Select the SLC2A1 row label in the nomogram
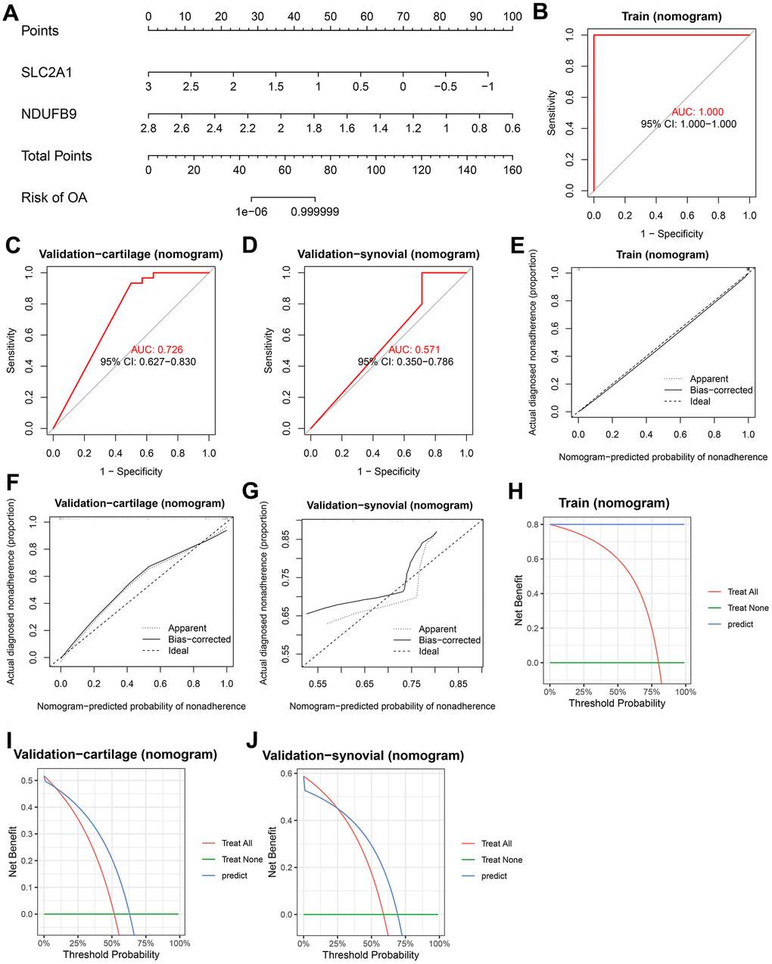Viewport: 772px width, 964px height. point(47,73)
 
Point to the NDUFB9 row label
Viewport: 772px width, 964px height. point(49,114)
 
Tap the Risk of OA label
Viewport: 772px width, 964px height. point(54,197)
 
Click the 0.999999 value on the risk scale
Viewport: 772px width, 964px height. point(315,212)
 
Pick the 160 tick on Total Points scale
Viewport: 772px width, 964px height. point(512,170)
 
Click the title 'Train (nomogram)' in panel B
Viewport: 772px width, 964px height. point(671,16)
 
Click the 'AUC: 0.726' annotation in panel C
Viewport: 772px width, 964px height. point(157,350)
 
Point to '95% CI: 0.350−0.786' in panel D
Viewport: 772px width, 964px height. point(406,362)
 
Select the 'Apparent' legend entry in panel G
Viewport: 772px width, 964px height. point(437,629)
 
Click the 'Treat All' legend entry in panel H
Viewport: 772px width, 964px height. point(742,592)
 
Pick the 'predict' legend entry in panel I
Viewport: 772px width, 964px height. point(235,875)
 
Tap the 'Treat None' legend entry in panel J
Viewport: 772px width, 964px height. point(501,860)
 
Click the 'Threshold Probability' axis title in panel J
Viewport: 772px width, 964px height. point(370,955)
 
